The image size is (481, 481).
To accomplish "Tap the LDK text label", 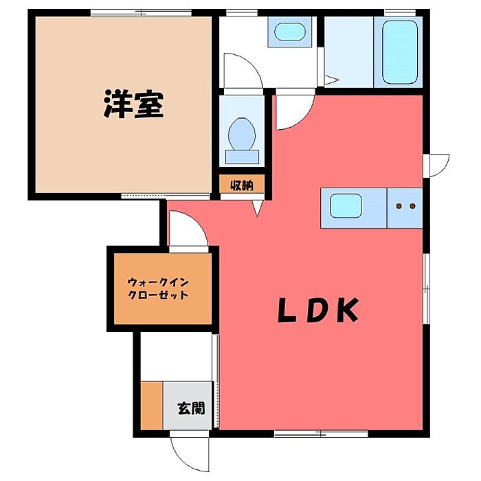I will [x=318, y=311].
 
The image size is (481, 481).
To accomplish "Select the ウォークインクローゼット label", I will [x=159, y=288].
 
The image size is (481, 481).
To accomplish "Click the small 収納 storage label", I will [x=241, y=185].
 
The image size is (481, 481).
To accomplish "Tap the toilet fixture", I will [x=241, y=137].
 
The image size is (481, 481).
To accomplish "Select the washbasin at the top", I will [x=289, y=33].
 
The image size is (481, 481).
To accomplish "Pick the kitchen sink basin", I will [x=346, y=205].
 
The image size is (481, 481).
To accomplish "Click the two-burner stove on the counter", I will [x=404, y=205].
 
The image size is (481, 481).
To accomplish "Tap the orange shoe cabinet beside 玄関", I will [x=151, y=405].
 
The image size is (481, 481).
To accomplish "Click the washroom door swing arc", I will [x=243, y=71].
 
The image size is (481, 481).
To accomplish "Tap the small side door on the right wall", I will [x=436, y=166].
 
